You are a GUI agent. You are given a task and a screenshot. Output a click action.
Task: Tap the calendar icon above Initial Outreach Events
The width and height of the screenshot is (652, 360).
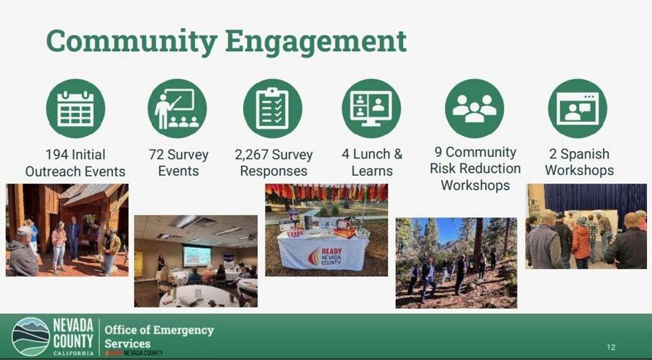[76, 109]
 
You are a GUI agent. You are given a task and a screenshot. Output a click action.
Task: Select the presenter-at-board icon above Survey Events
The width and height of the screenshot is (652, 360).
[177, 109]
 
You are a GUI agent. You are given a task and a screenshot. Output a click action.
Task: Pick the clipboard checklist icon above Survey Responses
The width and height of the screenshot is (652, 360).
[273, 109]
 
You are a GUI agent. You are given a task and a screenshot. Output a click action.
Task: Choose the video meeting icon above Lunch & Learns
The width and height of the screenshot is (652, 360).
[371, 109]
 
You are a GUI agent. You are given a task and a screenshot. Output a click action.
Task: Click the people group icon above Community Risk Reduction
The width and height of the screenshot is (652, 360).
[474, 109]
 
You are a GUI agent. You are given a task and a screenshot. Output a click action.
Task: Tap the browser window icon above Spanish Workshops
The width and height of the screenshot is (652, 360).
[577, 109]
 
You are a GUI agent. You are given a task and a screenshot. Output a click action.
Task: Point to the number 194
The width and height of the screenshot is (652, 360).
[57, 155]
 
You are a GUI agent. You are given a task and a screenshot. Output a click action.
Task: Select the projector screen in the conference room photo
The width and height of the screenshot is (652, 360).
[196, 255]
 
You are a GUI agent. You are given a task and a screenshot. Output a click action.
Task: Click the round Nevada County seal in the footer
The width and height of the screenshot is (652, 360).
[30, 336]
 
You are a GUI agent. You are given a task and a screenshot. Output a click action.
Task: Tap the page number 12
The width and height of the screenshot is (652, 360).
[611, 346]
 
